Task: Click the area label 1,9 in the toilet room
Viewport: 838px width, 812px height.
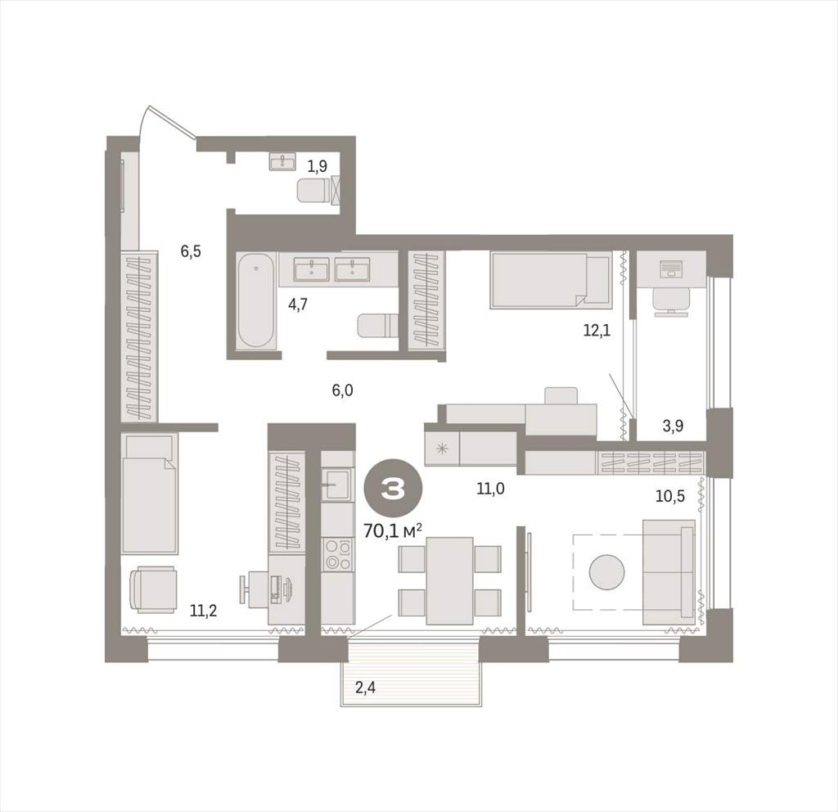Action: click(317, 166)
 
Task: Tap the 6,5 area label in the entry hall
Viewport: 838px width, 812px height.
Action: click(190, 250)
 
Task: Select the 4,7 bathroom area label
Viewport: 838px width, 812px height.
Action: click(298, 304)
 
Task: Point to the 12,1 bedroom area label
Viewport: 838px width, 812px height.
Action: click(597, 331)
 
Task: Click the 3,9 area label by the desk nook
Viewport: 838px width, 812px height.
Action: click(673, 426)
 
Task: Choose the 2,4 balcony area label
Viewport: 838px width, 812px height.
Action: click(366, 687)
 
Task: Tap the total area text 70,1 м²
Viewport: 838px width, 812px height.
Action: click(393, 530)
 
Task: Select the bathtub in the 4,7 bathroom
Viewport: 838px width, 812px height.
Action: click(256, 300)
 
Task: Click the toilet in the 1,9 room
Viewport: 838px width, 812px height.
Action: click(313, 190)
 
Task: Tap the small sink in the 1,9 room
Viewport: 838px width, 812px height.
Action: click(282, 161)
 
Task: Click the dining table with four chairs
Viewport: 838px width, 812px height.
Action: click(450, 580)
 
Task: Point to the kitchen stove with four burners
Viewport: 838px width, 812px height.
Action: click(338, 554)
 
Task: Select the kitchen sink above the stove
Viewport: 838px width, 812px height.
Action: click(337, 484)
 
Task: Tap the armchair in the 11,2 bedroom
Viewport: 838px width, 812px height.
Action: click(153, 589)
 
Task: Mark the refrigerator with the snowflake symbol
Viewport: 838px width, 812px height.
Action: click(442, 449)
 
